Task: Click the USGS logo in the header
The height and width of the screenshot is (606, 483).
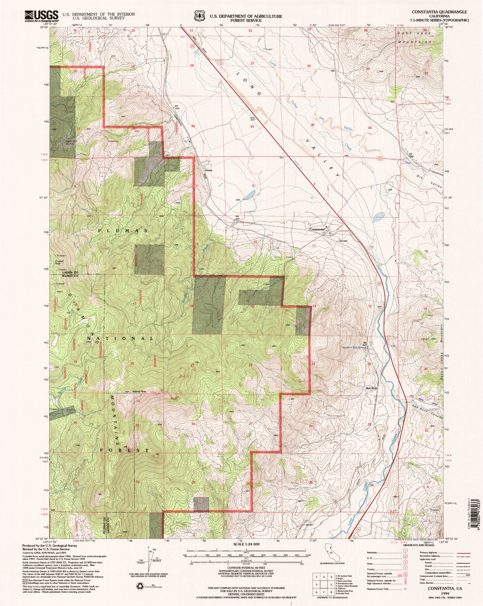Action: (x=42, y=15)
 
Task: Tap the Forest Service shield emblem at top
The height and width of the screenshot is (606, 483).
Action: (x=199, y=15)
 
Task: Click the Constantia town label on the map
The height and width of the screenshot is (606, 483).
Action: (x=317, y=229)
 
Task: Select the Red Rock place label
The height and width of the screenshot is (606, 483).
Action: (x=371, y=388)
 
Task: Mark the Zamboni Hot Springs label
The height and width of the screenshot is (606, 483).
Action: (x=354, y=347)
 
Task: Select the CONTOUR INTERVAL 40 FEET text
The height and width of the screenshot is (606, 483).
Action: (x=246, y=572)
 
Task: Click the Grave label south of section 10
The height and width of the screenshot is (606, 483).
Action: (x=289, y=257)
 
